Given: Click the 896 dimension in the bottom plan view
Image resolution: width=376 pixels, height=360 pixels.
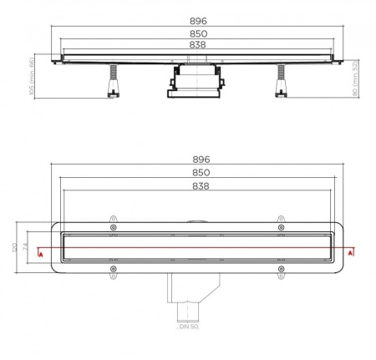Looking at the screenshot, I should click(x=201, y=159).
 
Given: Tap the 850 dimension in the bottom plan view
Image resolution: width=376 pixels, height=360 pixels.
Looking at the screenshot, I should click(x=201, y=173).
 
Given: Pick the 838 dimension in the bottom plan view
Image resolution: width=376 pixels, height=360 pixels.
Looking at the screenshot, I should click(x=201, y=186).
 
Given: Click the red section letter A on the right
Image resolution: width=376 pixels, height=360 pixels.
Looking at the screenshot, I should click(x=351, y=251).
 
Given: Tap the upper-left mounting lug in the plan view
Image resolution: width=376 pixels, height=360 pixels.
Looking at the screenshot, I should click(x=113, y=227).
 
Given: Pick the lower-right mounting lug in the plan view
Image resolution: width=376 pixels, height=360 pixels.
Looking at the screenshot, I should click(x=282, y=270).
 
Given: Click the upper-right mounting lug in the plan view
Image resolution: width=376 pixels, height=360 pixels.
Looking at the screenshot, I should click(x=282, y=227).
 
